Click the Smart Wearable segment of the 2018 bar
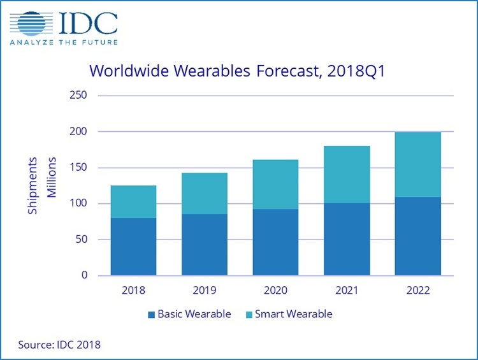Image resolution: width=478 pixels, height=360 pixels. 133,201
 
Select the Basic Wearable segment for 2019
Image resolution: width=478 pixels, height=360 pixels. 205,245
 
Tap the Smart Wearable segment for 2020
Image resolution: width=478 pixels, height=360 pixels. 275,184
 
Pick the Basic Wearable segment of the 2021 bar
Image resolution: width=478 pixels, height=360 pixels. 347,240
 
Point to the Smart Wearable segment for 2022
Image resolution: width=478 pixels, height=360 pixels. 417,164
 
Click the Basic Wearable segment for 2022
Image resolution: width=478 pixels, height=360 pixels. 417,236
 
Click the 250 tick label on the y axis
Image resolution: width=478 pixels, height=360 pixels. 79,96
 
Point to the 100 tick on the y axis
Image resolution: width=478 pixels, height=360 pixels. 79,203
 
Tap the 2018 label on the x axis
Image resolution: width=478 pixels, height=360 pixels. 133,291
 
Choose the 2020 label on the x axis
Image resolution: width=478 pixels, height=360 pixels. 275,291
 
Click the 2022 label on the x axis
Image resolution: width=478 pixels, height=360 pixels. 417,291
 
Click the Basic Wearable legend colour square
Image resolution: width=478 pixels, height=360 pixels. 150,314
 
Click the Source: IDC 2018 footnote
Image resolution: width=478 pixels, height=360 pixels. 59,345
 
